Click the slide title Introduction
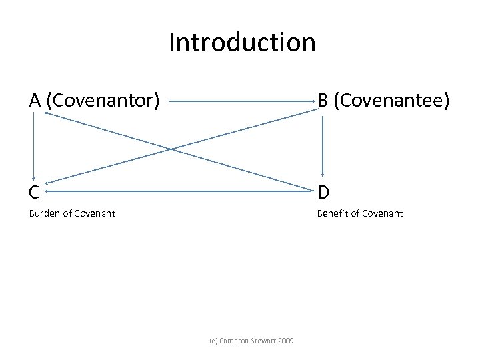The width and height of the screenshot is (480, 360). click(x=241, y=43)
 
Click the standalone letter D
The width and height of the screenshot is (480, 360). click(x=323, y=193)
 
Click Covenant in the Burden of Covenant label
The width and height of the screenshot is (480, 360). click(x=96, y=214)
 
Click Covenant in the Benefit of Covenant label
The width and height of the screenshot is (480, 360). click(x=383, y=214)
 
